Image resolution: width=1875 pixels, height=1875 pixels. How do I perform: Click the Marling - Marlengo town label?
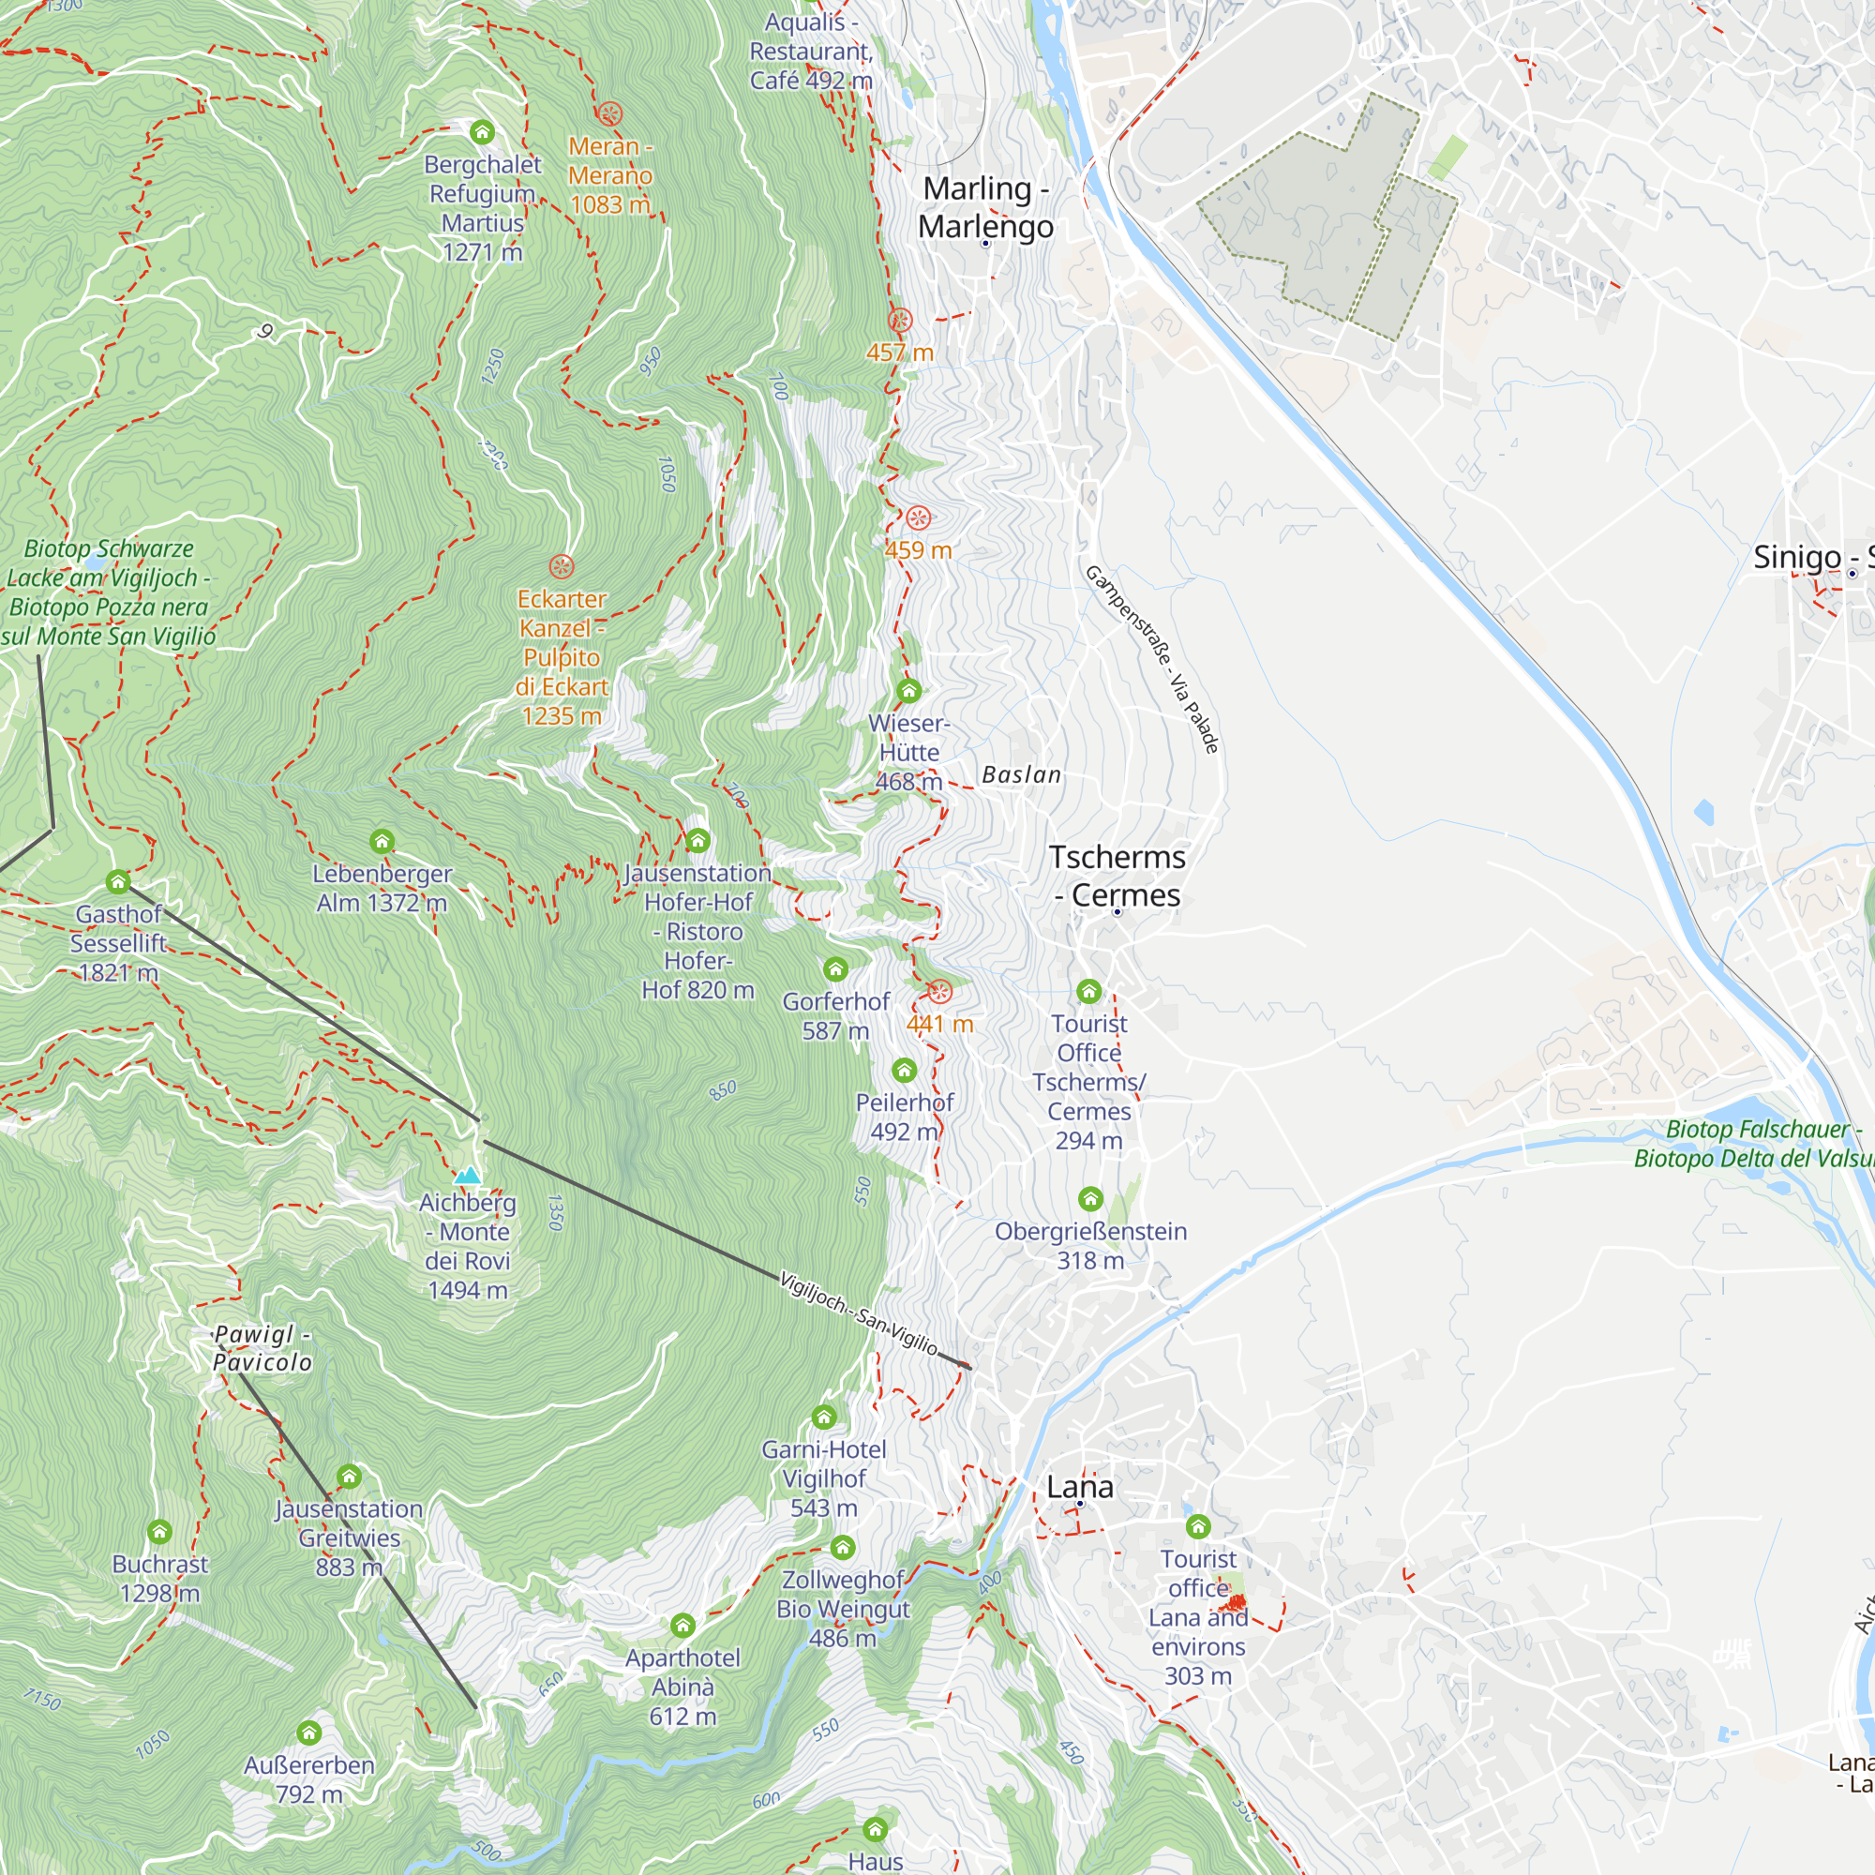[x=985, y=206]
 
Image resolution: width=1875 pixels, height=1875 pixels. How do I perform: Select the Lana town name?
[x=1079, y=1486]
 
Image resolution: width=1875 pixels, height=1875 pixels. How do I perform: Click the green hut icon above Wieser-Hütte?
[x=908, y=691]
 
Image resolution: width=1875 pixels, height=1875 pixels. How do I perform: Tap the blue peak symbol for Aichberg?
[x=468, y=1176]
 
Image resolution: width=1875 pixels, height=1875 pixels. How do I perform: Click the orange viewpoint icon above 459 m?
[x=918, y=517]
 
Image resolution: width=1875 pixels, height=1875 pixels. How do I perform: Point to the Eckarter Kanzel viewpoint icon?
[x=561, y=566]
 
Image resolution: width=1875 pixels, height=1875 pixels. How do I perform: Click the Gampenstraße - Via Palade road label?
[x=1151, y=659]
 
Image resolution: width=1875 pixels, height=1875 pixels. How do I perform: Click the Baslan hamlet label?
[x=1021, y=774]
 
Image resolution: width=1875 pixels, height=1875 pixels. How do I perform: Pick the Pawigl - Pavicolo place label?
[x=262, y=1348]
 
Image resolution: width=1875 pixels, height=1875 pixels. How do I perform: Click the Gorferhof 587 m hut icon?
[x=834, y=968]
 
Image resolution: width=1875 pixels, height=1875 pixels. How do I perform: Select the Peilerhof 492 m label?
[x=904, y=1117]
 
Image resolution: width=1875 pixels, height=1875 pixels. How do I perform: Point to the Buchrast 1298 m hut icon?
[x=160, y=1532]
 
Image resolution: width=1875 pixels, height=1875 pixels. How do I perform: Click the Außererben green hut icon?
[x=308, y=1732]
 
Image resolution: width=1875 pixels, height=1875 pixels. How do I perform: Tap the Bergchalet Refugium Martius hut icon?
[x=482, y=132]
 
